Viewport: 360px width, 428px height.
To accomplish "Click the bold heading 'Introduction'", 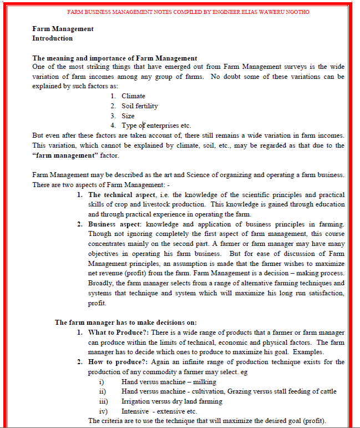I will [52, 38].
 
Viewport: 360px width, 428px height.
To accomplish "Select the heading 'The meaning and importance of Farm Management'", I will [114, 58].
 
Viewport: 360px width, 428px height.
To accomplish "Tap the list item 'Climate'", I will [133, 96].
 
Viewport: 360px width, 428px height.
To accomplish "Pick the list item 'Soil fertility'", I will [139, 106].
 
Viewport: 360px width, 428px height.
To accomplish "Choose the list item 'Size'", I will [128, 116].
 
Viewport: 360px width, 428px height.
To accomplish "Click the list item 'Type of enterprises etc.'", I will [156, 125].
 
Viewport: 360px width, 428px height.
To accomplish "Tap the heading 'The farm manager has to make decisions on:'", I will [126, 322].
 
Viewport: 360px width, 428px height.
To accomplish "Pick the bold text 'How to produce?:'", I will [115, 362].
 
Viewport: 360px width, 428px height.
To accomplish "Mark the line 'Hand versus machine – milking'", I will [169, 382].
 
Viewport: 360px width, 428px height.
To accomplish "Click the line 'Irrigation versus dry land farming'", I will [171, 401].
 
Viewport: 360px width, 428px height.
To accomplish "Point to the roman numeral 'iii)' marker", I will [103, 401].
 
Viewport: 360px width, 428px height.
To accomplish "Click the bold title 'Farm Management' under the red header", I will [63, 29].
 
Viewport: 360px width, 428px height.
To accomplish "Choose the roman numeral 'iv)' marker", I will [103, 411].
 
